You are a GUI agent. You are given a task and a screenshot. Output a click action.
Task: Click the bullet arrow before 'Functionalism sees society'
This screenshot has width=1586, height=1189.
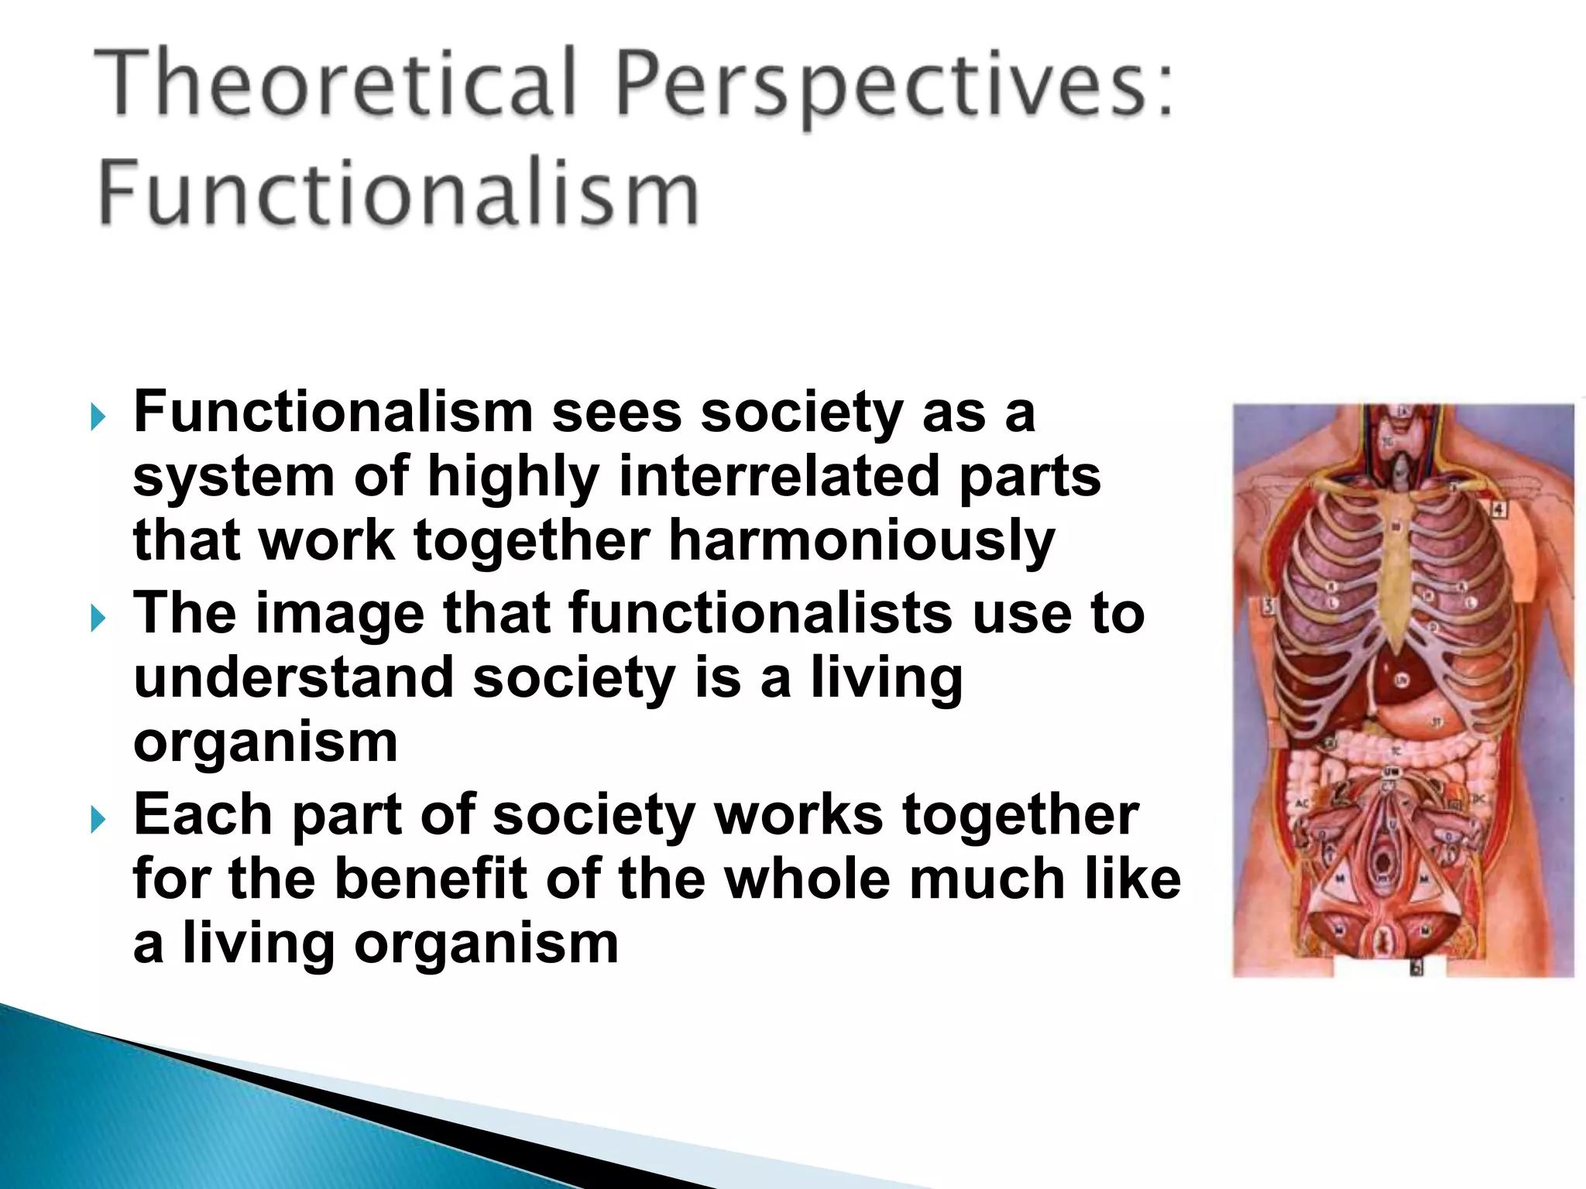[x=98, y=418]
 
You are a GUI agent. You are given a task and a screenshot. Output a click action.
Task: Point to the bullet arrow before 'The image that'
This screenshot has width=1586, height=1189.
[x=98, y=618]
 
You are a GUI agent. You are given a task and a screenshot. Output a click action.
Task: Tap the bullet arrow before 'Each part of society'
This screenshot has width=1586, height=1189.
[x=98, y=819]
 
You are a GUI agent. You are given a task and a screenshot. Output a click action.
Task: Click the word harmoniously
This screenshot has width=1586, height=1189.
[x=861, y=540]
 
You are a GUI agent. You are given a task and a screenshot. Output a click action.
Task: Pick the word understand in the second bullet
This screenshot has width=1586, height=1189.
[x=294, y=677]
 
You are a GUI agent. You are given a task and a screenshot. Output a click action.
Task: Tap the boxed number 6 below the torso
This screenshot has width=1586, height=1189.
[x=1416, y=968]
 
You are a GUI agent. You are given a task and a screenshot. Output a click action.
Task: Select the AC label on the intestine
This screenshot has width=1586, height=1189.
[x=1303, y=804]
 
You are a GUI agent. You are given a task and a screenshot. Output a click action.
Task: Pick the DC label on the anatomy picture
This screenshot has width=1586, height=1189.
[x=1477, y=798]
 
